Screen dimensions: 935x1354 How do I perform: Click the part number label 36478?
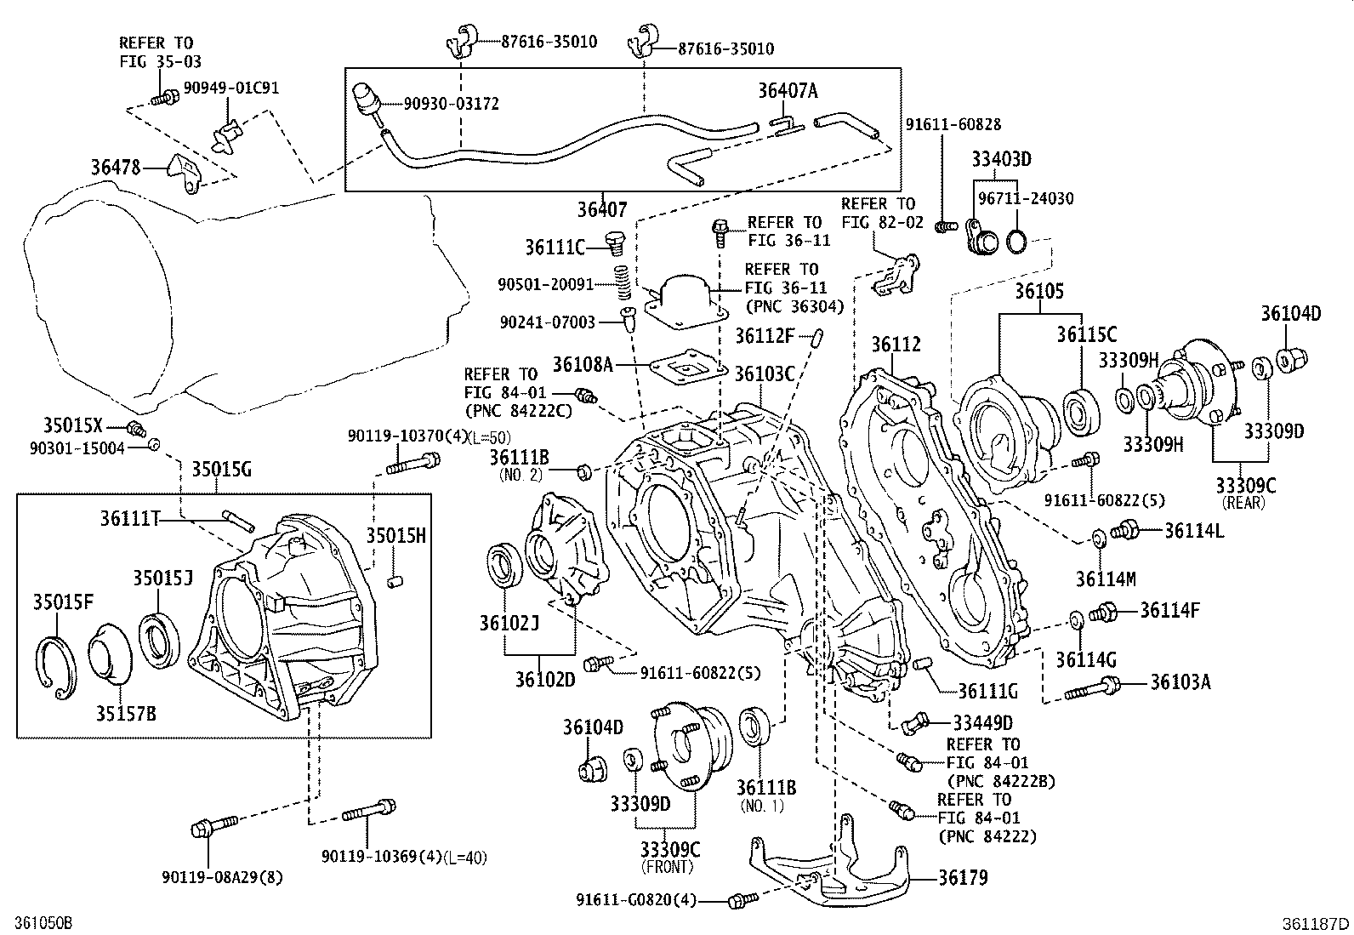pos(115,168)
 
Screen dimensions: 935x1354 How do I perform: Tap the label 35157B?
pos(125,713)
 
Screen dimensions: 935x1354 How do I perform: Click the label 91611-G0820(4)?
pos(649,899)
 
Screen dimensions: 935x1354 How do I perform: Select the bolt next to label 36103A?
pos(1094,686)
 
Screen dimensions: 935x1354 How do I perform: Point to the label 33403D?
pos(1001,159)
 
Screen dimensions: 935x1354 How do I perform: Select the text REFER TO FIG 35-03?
pos(156,52)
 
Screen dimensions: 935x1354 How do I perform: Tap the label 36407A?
pos(787,91)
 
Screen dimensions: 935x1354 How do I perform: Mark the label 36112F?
pos(764,335)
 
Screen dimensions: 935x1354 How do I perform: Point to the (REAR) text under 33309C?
pos(1244,502)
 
